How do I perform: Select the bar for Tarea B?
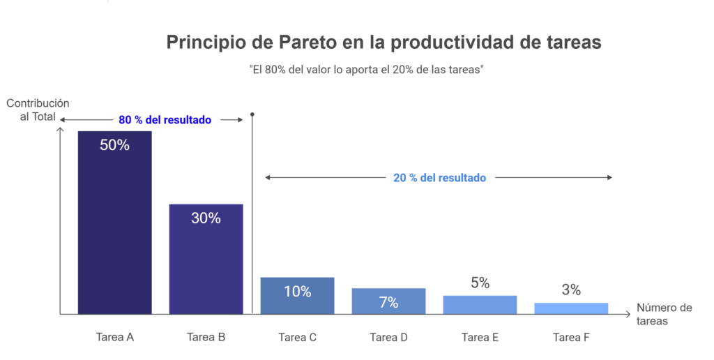(206, 265)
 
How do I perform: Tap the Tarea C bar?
(297, 296)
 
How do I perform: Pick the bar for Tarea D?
(388, 301)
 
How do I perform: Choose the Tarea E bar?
(480, 305)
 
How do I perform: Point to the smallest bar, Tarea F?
(571, 308)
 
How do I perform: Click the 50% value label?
(114, 146)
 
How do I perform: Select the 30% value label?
(206, 218)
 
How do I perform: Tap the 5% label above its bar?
(480, 283)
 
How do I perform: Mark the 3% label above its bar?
(571, 290)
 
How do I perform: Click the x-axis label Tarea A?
(114, 337)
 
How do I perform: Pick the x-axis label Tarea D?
(388, 337)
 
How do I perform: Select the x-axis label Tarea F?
(571, 337)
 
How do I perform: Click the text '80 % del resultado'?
(165, 120)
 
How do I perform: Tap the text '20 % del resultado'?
(439, 178)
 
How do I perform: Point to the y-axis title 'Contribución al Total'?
(38, 110)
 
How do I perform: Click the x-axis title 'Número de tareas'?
(664, 315)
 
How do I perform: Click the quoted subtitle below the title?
(366, 70)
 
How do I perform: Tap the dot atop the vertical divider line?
(252, 114)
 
